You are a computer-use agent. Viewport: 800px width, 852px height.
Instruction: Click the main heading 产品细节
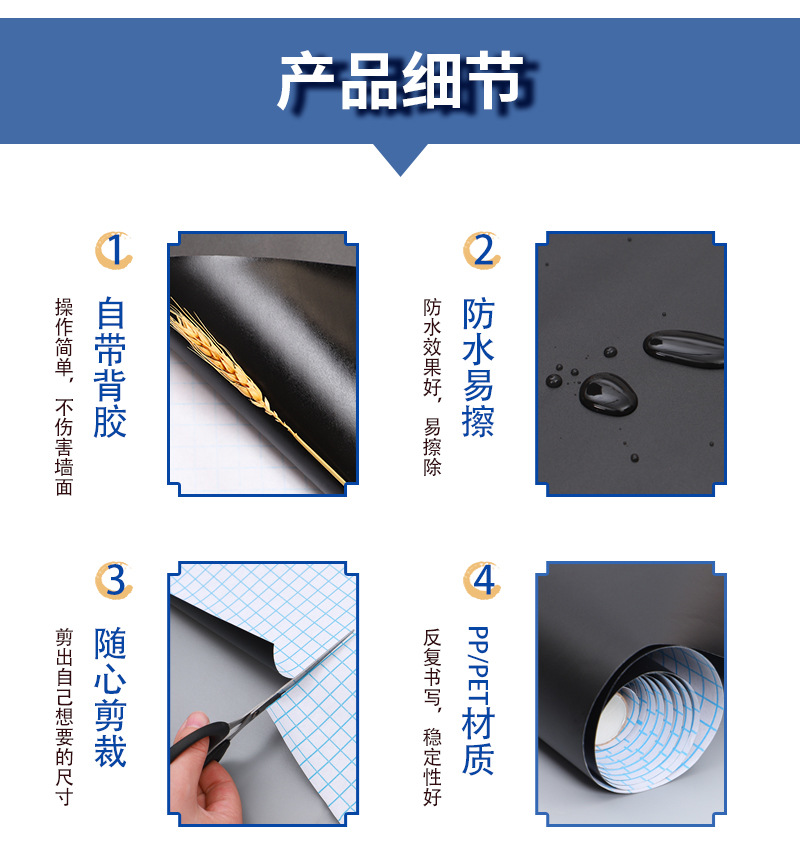(400, 82)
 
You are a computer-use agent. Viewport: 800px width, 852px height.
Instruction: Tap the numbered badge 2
(482, 251)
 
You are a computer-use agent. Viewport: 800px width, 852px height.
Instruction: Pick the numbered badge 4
(482, 580)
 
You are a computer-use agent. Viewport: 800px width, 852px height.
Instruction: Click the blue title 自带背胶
(111, 368)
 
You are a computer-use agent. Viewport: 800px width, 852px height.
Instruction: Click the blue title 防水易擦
(478, 368)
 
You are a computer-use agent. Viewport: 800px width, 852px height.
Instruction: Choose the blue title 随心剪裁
(111, 697)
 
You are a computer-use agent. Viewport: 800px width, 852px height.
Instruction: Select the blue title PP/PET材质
(478, 700)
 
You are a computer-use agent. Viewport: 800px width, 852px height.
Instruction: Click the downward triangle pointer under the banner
(400, 158)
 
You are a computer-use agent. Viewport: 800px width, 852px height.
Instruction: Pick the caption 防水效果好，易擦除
(432, 386)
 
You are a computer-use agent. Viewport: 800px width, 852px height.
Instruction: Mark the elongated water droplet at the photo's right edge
(686, 348)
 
